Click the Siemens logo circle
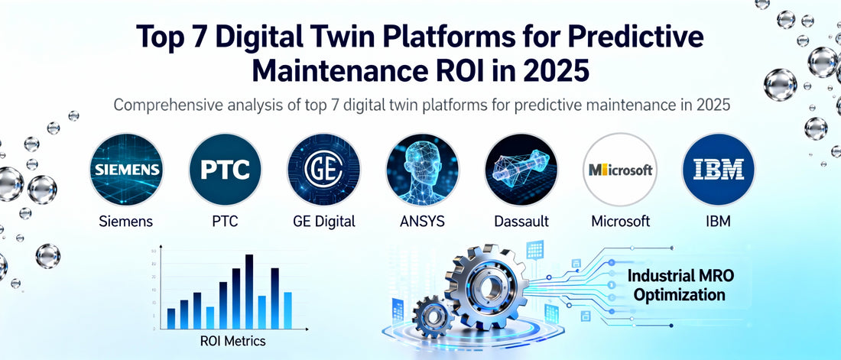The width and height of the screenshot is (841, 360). (x=125, y=170)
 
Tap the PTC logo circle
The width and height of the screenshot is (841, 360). (x=225, y=170)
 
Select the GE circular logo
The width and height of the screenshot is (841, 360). (x=323, y=170)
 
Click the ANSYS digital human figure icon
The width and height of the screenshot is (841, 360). (x=422, y=170)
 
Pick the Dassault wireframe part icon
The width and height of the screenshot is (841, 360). (x=521, y=170)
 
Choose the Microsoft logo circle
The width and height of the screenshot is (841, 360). (x=620, y=170)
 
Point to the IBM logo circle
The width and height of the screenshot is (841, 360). (x=719, y=170)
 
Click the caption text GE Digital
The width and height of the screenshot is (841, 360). (x=323, y=222)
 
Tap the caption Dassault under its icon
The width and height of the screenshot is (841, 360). (x=521, y=222)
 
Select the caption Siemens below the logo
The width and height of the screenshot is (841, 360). (x=125, y=222)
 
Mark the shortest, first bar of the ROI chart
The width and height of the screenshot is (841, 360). (x=170, y=318)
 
